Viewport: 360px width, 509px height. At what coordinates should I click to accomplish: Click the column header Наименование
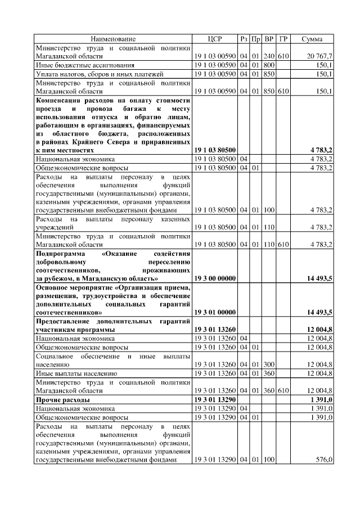pos(113,39)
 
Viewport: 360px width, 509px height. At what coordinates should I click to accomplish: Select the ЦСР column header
pos(215,39)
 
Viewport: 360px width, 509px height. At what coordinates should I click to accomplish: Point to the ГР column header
pos(283,39)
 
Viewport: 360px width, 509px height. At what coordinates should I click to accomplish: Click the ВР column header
pos(269,39)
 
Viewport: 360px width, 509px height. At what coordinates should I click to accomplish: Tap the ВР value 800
pos(269,65)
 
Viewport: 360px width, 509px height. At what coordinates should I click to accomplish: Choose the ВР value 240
pos(269,57)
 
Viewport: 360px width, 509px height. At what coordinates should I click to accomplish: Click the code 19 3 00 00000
pos(215,278)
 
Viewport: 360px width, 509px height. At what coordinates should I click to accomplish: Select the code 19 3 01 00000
pos(215,312)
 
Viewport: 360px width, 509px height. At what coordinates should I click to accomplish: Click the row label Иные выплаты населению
pos(76,373)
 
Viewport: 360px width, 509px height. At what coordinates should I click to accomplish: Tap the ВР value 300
pos(269,364)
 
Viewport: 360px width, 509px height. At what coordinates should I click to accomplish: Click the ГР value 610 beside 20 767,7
pos(283,57)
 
